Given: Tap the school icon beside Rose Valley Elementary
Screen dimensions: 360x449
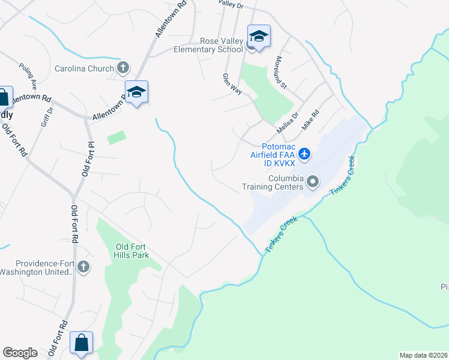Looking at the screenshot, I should click(259, 37).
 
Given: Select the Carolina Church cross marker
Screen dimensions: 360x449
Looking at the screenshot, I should click(123, 68).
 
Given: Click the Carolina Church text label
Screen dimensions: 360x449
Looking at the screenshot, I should click(84, 68).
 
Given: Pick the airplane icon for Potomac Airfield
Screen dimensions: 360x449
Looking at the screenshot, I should click(304, 154).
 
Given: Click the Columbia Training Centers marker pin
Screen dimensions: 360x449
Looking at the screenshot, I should click(312, 181).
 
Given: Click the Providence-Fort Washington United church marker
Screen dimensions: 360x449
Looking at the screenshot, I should click(83, 266).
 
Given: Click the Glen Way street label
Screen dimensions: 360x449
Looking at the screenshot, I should click(232, 85).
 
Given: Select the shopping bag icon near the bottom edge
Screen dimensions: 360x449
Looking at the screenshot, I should click(81, 343).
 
